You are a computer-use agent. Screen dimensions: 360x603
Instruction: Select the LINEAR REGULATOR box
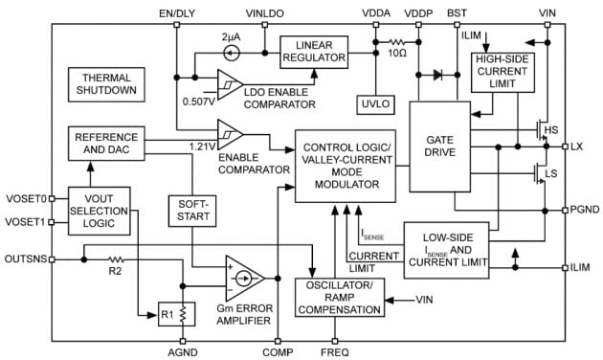pos(315,51)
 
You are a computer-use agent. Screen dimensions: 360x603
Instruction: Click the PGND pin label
pos(584,208)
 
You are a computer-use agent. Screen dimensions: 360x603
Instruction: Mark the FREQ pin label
pos(336,352)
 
